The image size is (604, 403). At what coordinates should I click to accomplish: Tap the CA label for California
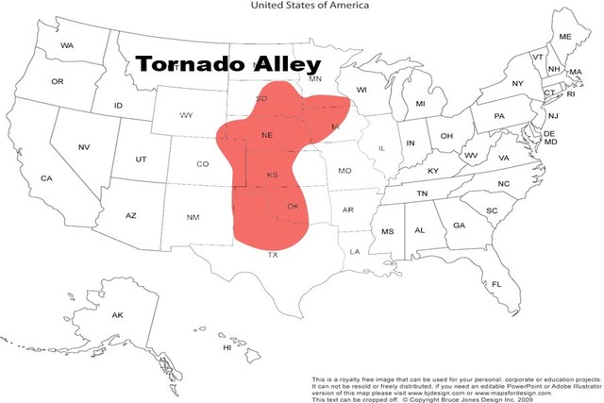[x=46, y=178]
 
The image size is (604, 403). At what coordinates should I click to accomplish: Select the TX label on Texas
[x=273, y=255]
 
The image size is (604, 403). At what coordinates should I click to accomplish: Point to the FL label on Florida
[x=496, y=284]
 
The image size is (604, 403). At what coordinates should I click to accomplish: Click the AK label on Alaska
[x=118, y=314]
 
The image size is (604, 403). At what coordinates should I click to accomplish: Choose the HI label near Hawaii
[x=226, y=347]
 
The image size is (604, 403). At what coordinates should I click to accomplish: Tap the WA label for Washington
[x=67, y=45]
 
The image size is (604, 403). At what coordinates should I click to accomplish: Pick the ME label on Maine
[x=565, y=37]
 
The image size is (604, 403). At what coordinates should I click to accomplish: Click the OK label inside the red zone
[x=293, y=207]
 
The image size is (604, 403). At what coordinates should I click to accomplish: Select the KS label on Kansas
[x=273, y=175]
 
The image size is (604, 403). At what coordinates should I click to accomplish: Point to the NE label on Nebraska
[x=267, y=136]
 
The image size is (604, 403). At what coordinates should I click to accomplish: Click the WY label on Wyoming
[x=187, y=115]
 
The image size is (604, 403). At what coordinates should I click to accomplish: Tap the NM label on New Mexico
[x=193, y=217]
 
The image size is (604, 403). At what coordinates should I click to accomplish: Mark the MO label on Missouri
[x=344, y=171]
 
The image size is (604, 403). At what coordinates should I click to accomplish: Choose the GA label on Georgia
[x=459, y=226]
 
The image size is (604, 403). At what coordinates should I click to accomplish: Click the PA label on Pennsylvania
[x=499, y=116]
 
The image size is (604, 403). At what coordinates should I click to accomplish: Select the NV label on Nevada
[x=84, y=147]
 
